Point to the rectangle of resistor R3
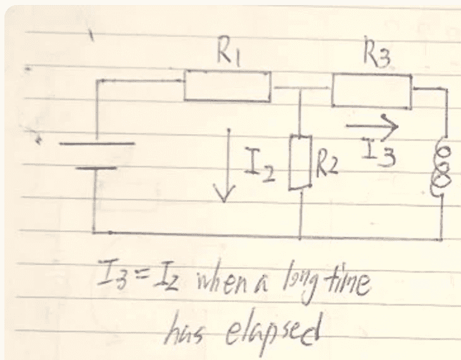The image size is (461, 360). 372,91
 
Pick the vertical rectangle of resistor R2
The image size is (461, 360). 300,162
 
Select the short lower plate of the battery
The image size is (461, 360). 96,169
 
